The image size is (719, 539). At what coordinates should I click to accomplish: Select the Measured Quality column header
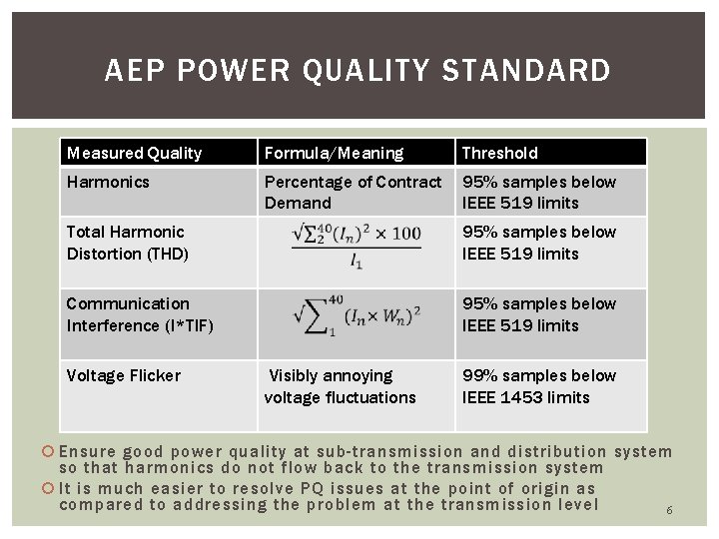134,153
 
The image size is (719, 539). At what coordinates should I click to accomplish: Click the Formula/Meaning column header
334,153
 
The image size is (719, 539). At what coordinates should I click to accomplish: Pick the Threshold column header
499,153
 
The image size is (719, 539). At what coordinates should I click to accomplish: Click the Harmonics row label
107,182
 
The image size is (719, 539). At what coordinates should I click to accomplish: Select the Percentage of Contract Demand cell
353,192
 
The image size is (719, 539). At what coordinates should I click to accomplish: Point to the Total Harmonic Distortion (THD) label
127,243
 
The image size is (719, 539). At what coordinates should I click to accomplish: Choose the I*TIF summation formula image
357,314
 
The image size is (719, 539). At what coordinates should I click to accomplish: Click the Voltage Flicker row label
123,375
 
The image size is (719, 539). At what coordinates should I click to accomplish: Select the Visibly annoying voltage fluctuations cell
340,386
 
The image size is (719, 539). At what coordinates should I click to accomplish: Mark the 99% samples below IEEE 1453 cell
539,386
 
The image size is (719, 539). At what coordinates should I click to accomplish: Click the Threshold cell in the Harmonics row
539,192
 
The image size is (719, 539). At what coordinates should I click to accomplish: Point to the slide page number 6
669,510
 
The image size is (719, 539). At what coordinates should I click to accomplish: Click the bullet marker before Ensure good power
50,452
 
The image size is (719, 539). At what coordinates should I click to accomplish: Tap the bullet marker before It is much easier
50,489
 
